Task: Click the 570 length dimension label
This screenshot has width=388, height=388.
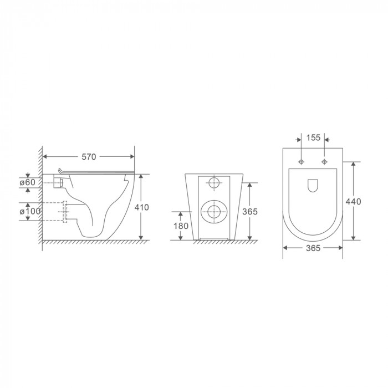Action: coord(89,157)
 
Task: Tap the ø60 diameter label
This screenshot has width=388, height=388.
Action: coord(27,182)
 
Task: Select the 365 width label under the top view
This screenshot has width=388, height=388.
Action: coord(313,248)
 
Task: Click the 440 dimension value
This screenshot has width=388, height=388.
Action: coord(353,201)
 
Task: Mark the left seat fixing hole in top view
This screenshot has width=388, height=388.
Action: coord(301,162)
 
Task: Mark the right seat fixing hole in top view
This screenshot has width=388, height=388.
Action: coord(325,162)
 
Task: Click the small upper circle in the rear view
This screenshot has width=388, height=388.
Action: coord(213,182)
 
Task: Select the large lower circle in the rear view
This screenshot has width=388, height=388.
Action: coord(213,210)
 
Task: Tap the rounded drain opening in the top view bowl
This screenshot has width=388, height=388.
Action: coord(313,186)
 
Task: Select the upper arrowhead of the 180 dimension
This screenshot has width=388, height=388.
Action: coord(181,213)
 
